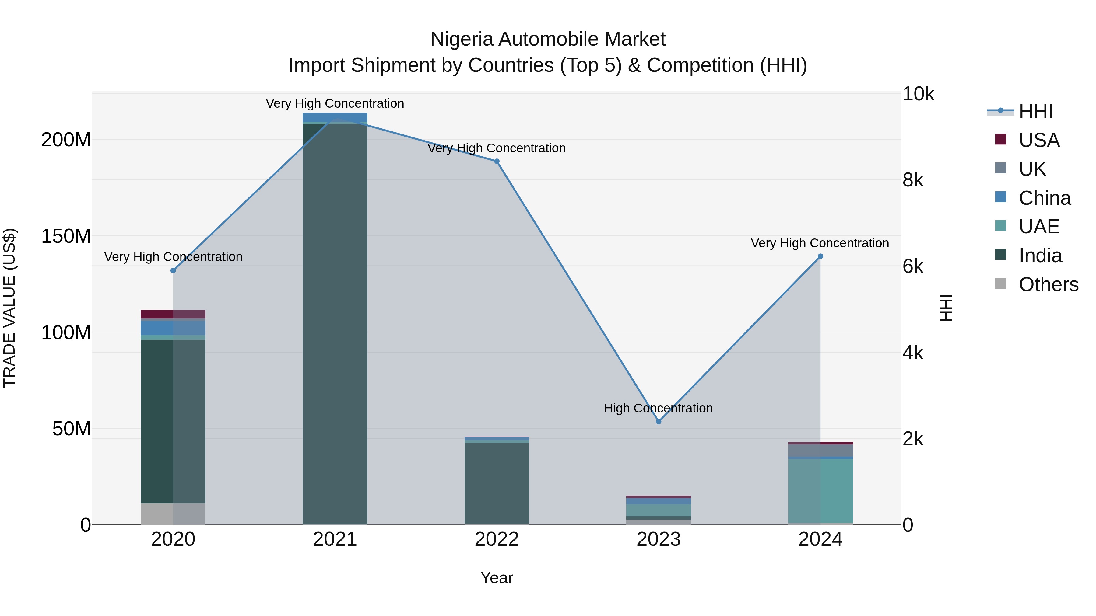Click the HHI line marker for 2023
click(x=658, y=421)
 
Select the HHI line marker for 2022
click(x=497, y=161)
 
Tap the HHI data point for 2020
click(x=173, y=270)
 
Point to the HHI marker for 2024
click(x=820, y=256)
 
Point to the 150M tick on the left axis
click(x=66, y=236)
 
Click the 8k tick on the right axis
click(x=913, y=180)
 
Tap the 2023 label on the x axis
click(x=658, y=539)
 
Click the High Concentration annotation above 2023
click(x=658, y=408)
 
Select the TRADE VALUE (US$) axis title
click(x=9, y=308)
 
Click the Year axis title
click(x=497, y=578)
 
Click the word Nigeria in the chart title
click(x=462, y=39)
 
